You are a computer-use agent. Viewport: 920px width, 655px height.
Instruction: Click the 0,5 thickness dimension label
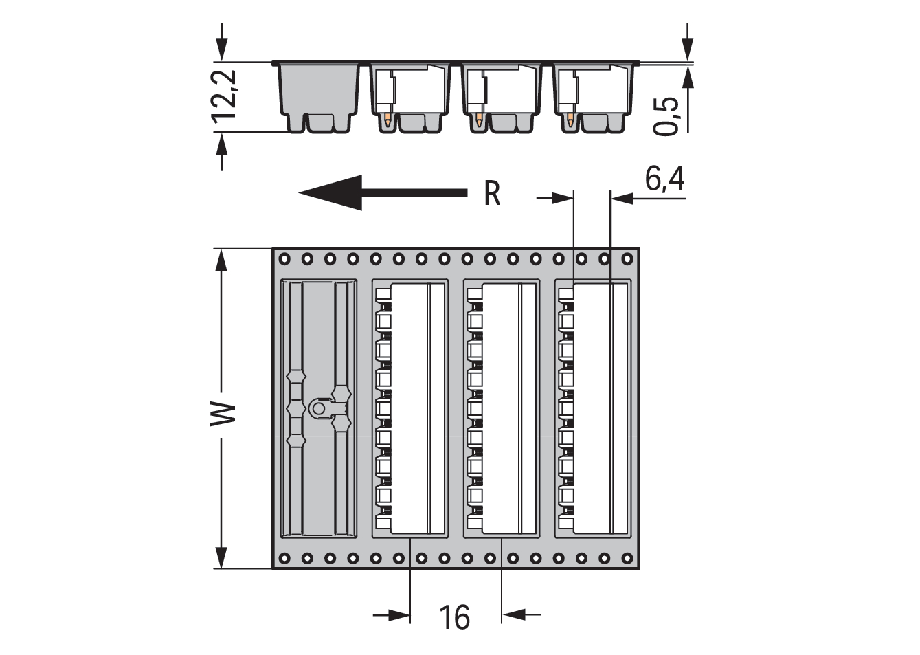(x=666, y=116)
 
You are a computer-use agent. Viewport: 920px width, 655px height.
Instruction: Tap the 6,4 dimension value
(x=664, y=179)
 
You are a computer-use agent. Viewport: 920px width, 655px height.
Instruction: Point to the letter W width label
(x=224, y=414)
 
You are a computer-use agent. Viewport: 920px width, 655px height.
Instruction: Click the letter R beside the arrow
(x=492, y=194)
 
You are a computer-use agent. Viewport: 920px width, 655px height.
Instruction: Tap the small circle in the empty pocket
(x=318, y=408)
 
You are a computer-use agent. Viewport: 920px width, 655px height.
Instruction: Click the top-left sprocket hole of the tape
(x=284, y=259)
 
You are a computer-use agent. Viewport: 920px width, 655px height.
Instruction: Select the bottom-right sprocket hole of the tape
(x=627, y=559)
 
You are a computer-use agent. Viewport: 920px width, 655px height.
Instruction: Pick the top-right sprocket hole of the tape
(x=627, y=259)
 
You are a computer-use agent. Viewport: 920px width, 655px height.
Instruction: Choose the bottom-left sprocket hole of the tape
(x=284, y=559)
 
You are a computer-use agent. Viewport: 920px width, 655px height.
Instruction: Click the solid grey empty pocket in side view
(x=318, y=98)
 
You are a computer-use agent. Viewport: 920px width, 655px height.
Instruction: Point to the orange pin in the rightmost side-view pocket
(x=570, y=120)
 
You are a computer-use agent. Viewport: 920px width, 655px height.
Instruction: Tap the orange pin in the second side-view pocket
(x=388, y=121)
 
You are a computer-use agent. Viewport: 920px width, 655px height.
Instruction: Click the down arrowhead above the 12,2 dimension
(x=222, y=51)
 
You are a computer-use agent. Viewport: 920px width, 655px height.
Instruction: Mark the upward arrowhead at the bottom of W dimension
(x=222, y=557)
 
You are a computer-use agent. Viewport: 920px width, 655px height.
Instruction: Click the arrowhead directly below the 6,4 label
(x=621, y=199)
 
